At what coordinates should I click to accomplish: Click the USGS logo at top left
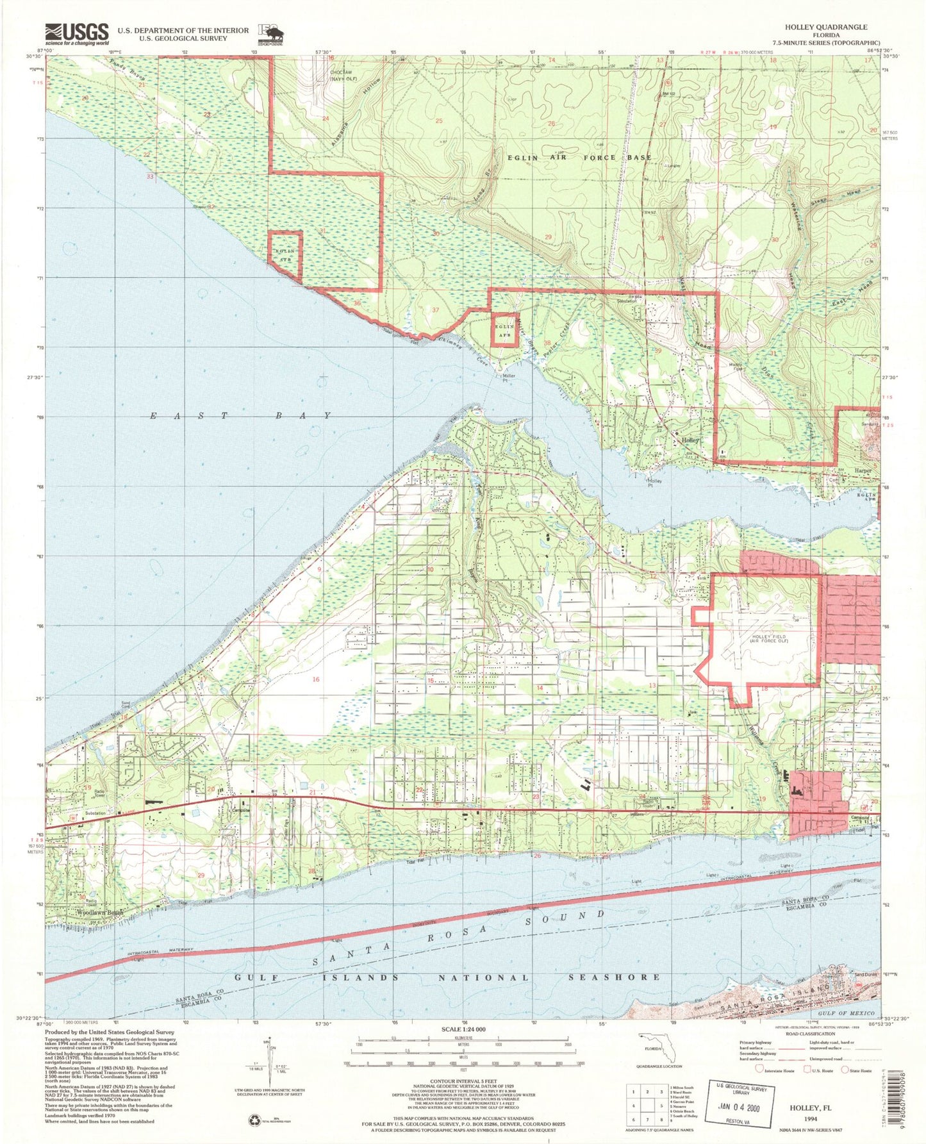76,33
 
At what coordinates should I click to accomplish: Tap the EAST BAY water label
240,416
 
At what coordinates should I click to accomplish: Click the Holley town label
690,441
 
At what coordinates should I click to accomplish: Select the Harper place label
864,469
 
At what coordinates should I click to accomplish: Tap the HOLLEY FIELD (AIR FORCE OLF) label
759,640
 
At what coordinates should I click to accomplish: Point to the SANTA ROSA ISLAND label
775,1009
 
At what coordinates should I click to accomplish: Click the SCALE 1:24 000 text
463,1029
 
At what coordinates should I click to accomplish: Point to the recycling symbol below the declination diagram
254,1120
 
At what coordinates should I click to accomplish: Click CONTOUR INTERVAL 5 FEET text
463,1081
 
